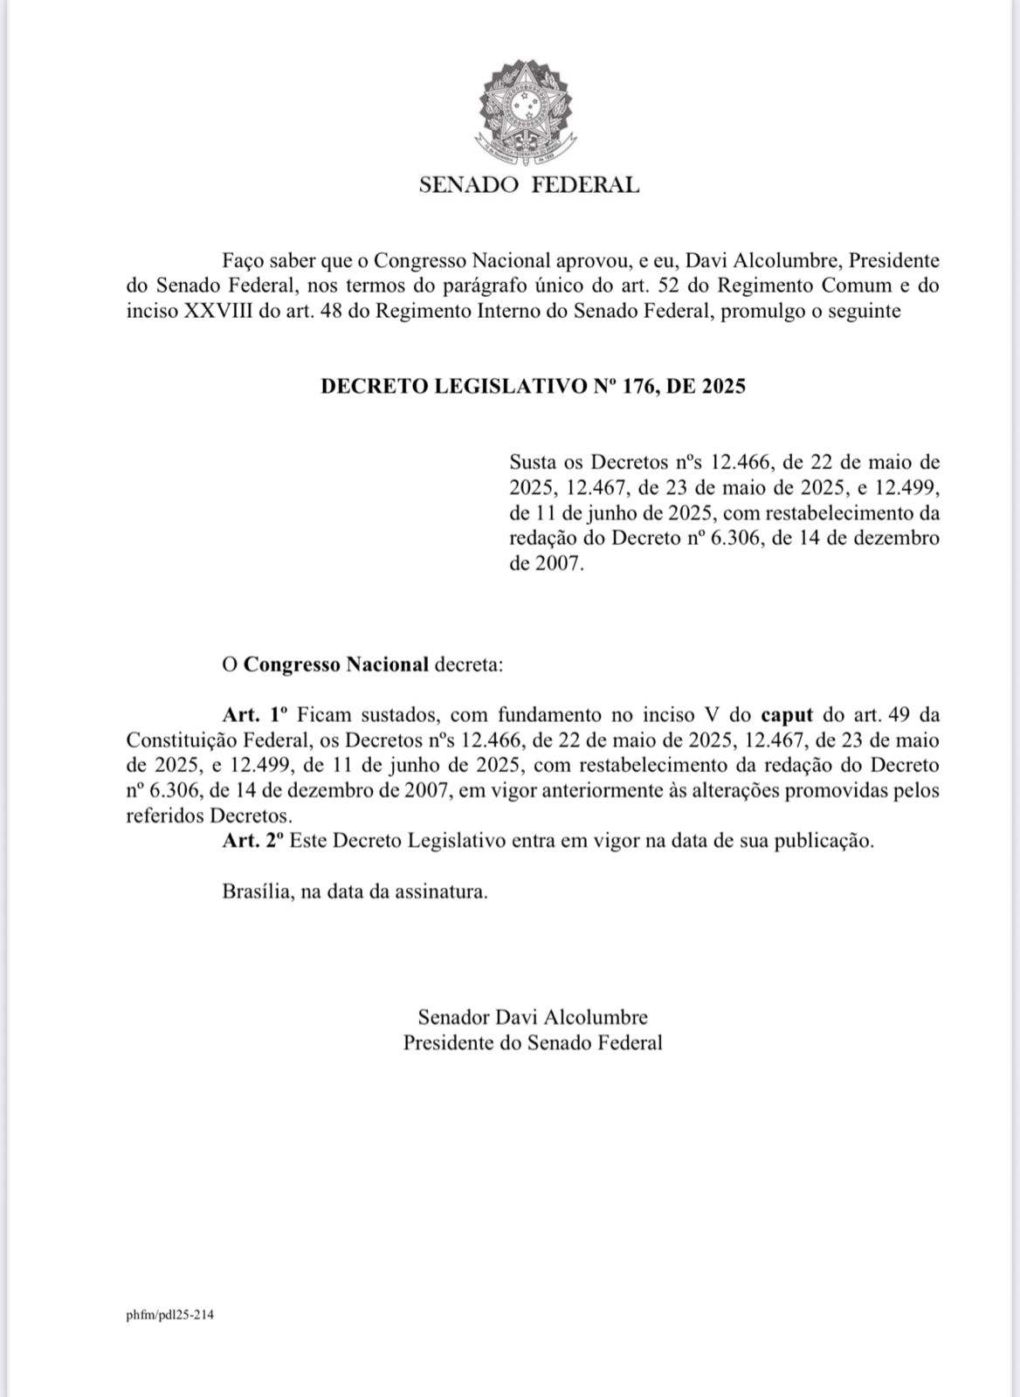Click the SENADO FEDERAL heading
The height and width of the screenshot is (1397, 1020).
[529, 185]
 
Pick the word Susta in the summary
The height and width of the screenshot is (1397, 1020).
[534, 462]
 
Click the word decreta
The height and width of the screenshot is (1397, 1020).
[470, 664]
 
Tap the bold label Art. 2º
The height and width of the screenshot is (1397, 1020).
[253, 842]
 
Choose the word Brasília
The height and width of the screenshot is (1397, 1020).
[256, 892]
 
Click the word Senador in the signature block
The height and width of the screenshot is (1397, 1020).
[453, 1017]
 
